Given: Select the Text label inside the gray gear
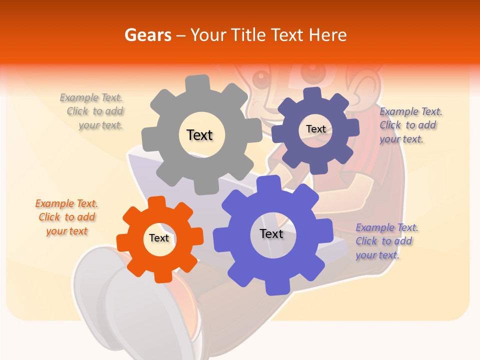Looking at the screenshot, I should click(199, 135).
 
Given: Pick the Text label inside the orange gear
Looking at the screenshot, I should click(159, 238).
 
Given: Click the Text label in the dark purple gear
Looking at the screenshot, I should click(315, 129).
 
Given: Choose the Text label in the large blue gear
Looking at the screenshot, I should click(271, 233).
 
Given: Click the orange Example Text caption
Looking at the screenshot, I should click(66, 217).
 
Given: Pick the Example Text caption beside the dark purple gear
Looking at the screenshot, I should click(410, 125).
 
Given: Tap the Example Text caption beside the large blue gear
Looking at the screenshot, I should click(386, 241).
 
